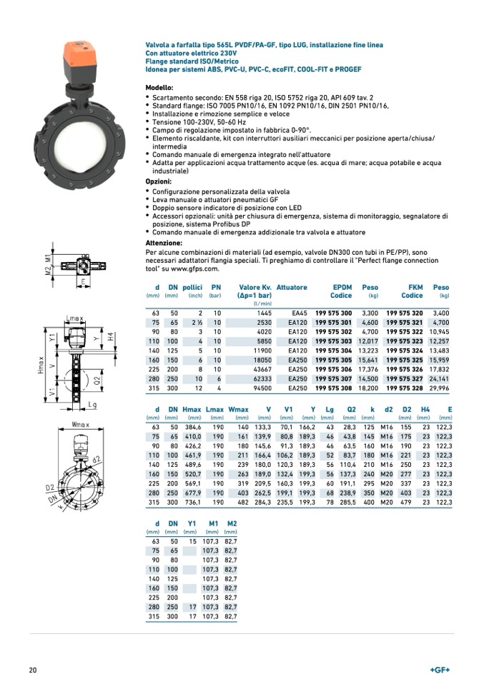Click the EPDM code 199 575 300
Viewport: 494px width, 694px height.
[x=333, y=313]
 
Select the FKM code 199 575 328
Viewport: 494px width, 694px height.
[x=405, y=388]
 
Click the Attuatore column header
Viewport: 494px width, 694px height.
[x=292, y=288]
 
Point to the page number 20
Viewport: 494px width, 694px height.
[x=33, y=670]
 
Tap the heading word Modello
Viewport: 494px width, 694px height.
[x=159, y=86]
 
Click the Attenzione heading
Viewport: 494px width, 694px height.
[x=164, y=243]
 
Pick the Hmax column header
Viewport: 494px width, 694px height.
[x=192, y=409]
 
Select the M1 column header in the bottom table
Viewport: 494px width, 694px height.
[x=212, y=523]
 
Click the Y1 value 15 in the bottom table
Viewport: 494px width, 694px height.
[x=192, y=542]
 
